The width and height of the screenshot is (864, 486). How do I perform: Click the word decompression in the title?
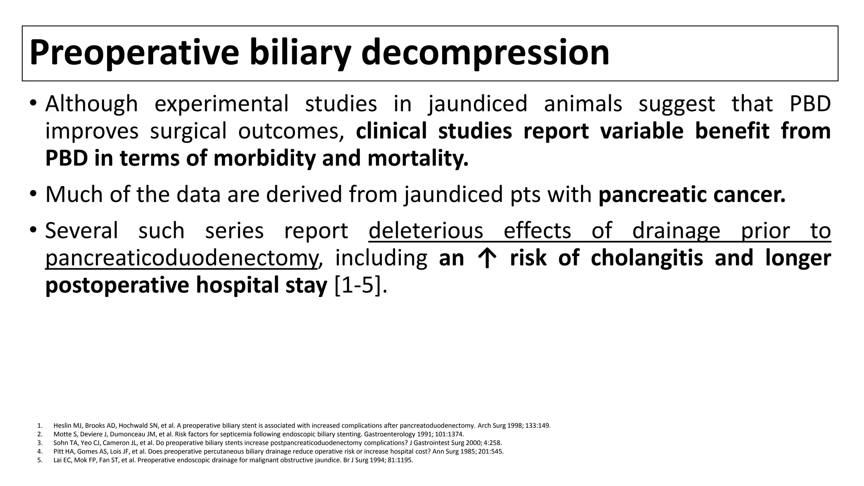point(485,52)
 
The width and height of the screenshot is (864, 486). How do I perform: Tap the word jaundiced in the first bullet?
point(478,104)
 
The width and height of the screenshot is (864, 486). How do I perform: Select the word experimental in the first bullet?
point(221,104)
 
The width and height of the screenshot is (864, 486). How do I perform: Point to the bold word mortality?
point(418,159)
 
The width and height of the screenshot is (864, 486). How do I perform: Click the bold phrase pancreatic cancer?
point(692,194)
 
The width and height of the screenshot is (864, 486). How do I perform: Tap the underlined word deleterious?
point(426,231)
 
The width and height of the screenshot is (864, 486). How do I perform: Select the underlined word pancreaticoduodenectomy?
point(181,258)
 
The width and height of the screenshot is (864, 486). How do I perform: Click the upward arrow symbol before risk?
point(487,259)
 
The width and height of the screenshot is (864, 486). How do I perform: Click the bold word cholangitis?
point(647,258)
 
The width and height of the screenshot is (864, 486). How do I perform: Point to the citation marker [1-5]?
point(360,286)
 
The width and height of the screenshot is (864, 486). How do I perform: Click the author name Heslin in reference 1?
point(62,426)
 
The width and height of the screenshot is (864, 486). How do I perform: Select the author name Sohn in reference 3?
point(60,443)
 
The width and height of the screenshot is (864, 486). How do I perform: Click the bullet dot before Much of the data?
point(33,194)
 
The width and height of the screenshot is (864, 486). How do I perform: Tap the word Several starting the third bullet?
point(81,231)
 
